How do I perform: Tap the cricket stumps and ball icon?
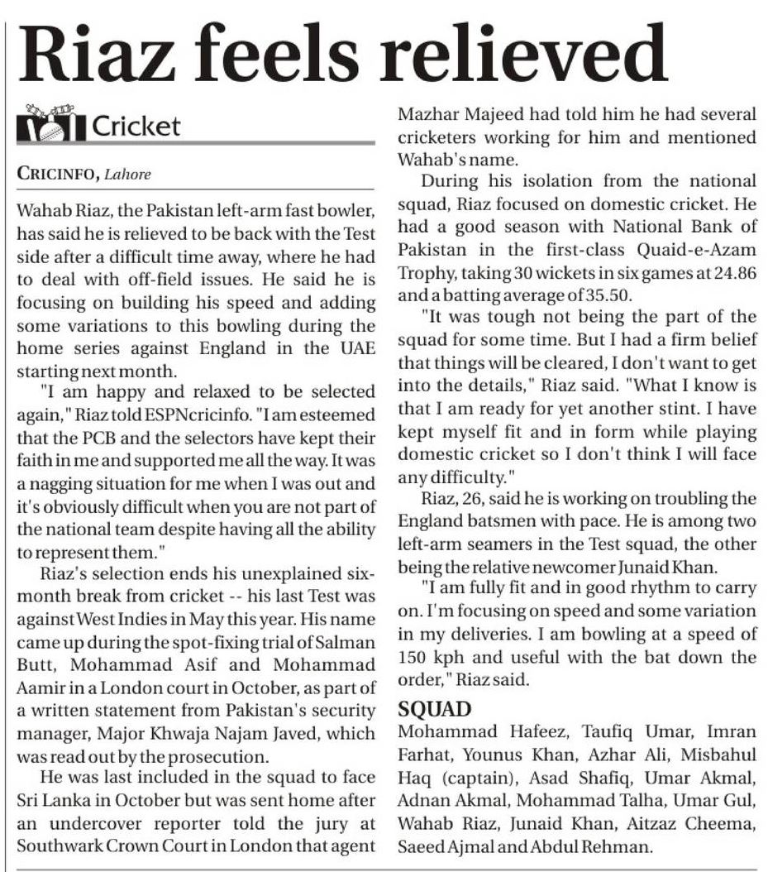[x=50, y=125]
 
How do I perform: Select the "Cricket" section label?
[x=136, y=126]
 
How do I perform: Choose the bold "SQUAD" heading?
[x=436, y=710]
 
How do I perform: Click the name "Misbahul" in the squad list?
[x=719, y=757]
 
